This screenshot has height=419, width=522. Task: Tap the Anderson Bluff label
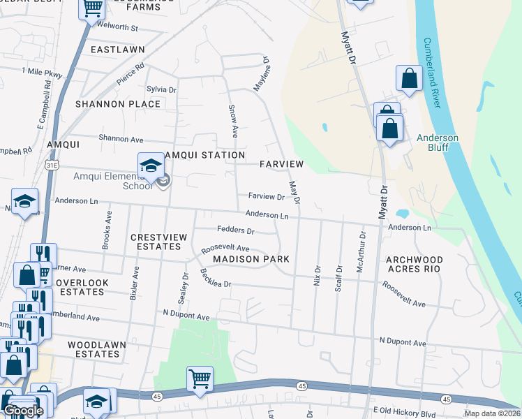(x=438, y=142)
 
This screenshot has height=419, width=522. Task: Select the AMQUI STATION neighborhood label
(x=205, y=155)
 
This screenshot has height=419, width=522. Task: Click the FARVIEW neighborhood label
(x=281, y=164)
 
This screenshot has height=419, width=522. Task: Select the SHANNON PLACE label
(x=118, y=104)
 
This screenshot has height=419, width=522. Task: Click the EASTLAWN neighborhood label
(x=117, y=50)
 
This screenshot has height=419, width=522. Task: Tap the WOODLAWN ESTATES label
(x=94, y=349)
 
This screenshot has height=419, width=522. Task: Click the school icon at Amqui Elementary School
(x=150, y=166)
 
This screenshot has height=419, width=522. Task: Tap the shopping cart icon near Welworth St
(x=93, y=8)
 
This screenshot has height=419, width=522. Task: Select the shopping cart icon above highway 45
(x=200, y=379)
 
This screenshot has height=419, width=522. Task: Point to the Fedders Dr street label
(x=236, y=230)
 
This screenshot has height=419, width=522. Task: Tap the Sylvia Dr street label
(x=161, y=90)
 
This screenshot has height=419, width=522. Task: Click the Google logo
(x=23, y=411)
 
